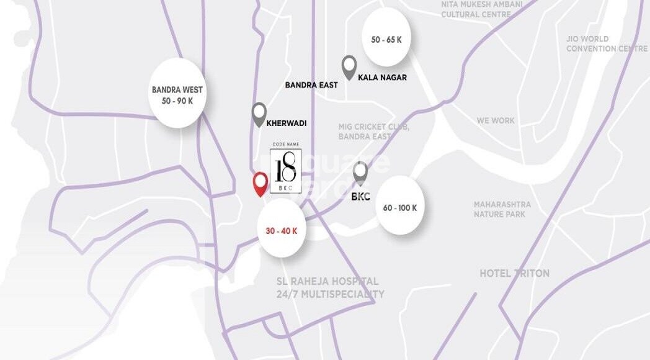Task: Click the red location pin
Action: point(260,184)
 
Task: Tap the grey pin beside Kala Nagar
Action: point(349,66)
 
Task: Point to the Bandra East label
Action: point(311,85)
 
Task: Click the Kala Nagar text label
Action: point(382,78)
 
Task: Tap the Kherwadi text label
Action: point(286,124)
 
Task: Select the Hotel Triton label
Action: point(514,273)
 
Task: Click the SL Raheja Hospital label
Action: point(330,288)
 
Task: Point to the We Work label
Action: point(496,120)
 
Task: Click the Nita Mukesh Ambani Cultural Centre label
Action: point(481,9)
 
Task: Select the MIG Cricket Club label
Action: point(374,131)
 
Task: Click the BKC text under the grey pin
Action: point(360,197)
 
